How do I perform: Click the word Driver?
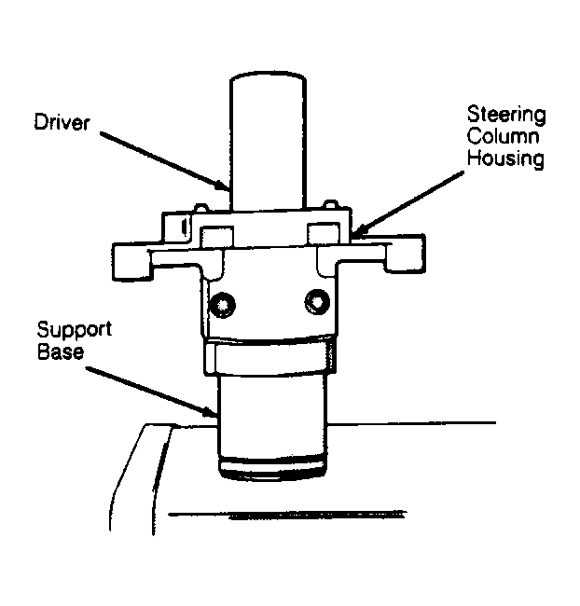point(62,122)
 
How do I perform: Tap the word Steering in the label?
point(506,115)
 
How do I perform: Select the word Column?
point(503,136)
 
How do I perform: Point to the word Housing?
point(505,158)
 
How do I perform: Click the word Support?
point(75,330)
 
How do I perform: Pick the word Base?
point(61,352)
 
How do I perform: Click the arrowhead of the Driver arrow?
point(224,186)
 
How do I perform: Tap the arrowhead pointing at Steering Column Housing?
point(359,230)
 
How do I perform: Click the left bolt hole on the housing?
point(222,306)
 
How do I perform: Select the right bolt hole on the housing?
point(317,302)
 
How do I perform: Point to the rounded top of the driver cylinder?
point(269,75)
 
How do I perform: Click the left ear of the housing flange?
point(131,262)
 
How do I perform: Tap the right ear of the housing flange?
point(406,254)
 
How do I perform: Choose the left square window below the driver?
point(216,237)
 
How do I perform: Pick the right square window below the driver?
point(324,233)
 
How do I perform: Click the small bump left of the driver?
point(200,208)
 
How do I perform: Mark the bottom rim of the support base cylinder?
point(272,470)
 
